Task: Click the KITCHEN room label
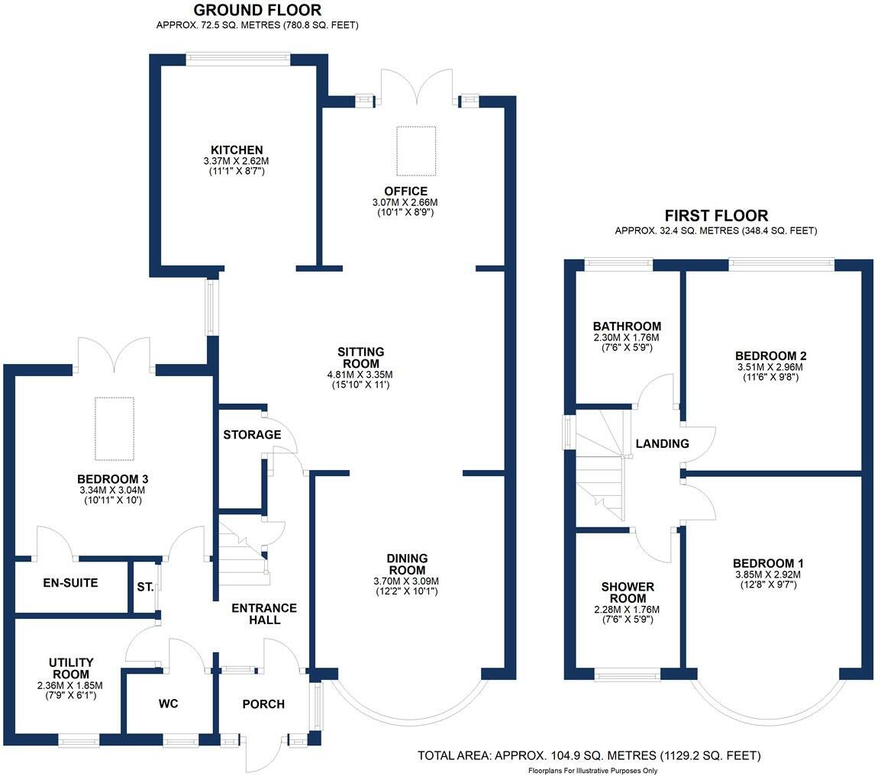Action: point(237,150)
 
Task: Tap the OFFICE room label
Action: point(405,191)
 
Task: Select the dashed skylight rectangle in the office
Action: point(416,151)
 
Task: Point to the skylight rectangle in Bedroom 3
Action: point(115,429)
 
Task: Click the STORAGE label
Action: point(252,435)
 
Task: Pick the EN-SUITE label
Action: point(71,583)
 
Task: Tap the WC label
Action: point(169,704)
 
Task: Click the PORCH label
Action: point(263,704)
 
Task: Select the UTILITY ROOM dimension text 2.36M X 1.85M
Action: point(69,686)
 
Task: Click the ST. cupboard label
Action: point(146,587)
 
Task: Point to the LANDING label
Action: point(663,443)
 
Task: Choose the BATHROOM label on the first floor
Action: point(627,327)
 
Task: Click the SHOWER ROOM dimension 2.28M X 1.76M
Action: point(627,609)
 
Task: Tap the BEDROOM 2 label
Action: point(771,356)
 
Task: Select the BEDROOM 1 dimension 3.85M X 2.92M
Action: point(768,575)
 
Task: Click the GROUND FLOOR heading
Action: point(257,10)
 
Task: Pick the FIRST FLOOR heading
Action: point(716,216)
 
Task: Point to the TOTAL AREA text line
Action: point(589,756)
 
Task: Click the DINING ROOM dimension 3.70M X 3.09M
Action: point(406,581)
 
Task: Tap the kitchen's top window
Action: point(238,59)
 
